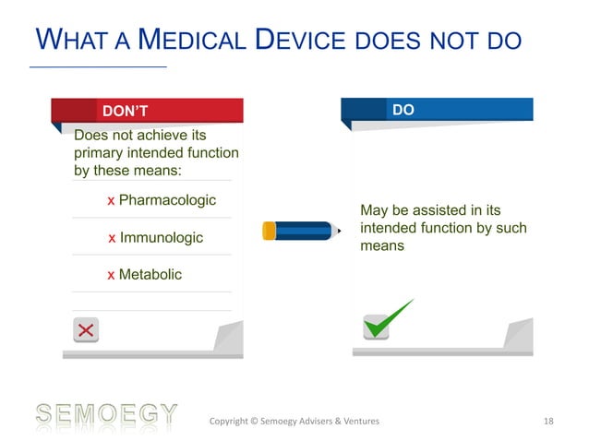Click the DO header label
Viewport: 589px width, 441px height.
coord(403,110)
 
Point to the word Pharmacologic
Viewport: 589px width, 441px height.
coord(167,200)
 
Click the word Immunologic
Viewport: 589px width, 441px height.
coord(162,238)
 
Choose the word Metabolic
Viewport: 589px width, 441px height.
coord(150,275)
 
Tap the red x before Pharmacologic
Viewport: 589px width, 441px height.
coord(112,201)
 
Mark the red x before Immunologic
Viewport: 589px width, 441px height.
coord(112,239)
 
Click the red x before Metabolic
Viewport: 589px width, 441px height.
coord(112,276)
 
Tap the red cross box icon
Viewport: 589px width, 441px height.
coord(86,330)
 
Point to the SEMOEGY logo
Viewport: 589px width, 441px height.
coord(105,416)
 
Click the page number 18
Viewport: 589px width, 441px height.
coord(549,422)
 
